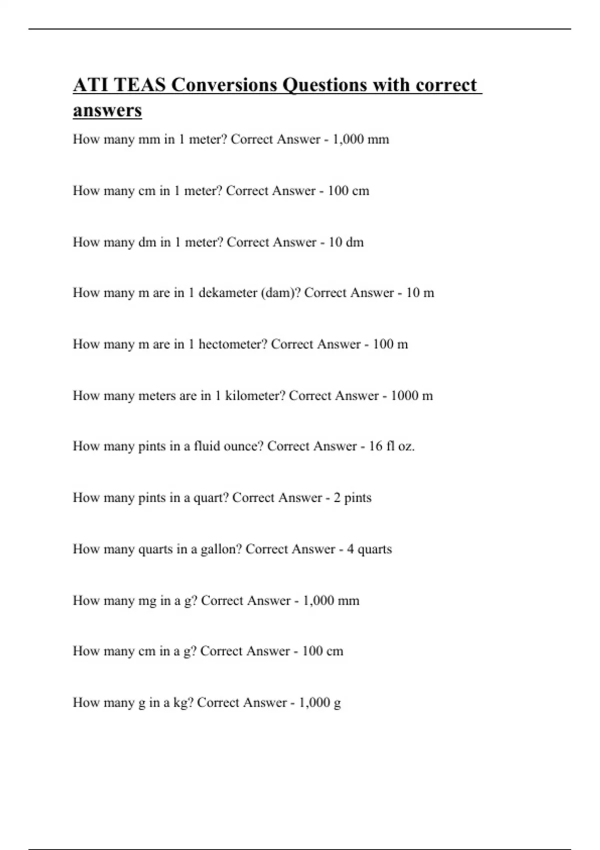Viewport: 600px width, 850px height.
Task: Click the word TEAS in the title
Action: [139, 85]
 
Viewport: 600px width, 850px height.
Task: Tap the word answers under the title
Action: [107, 110]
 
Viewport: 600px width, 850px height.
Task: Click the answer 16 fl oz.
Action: [391, 446]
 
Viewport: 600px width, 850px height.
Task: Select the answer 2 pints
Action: [352, 497]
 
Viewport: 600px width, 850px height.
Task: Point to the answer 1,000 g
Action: [319, 702]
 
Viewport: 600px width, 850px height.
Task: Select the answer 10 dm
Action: [345, 242]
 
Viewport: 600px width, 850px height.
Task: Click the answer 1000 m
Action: [411, 395]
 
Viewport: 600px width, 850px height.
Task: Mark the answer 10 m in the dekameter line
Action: [419, 292]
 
